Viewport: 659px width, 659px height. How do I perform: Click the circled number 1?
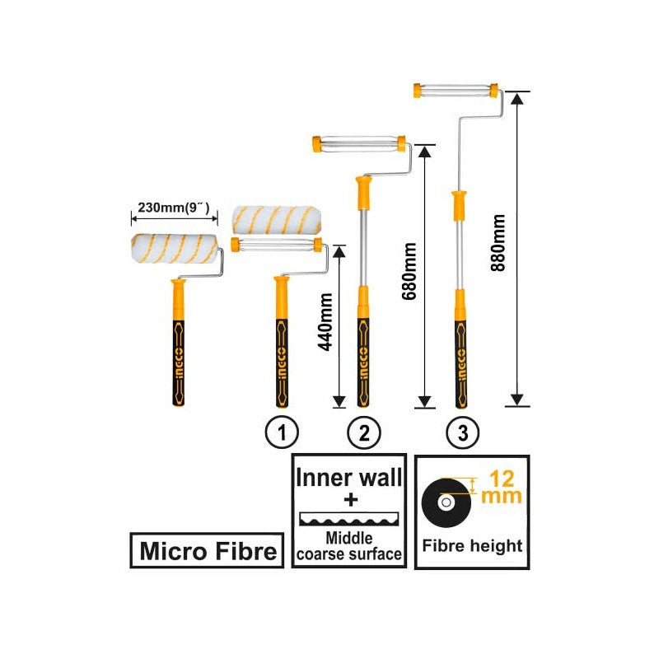click(282, 432)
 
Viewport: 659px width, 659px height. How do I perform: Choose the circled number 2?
click(363, 432)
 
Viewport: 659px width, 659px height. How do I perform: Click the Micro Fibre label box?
click(208, 550)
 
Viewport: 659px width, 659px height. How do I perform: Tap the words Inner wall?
click(349, 477)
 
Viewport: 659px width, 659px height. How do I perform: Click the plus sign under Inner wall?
click(349, 499)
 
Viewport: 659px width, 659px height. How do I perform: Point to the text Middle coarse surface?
click(349, 546)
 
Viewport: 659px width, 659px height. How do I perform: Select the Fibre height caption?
click(472, 545)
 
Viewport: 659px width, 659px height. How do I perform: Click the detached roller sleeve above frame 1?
click(277, 218)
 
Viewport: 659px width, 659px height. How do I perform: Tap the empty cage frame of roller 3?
click(456, 91)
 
